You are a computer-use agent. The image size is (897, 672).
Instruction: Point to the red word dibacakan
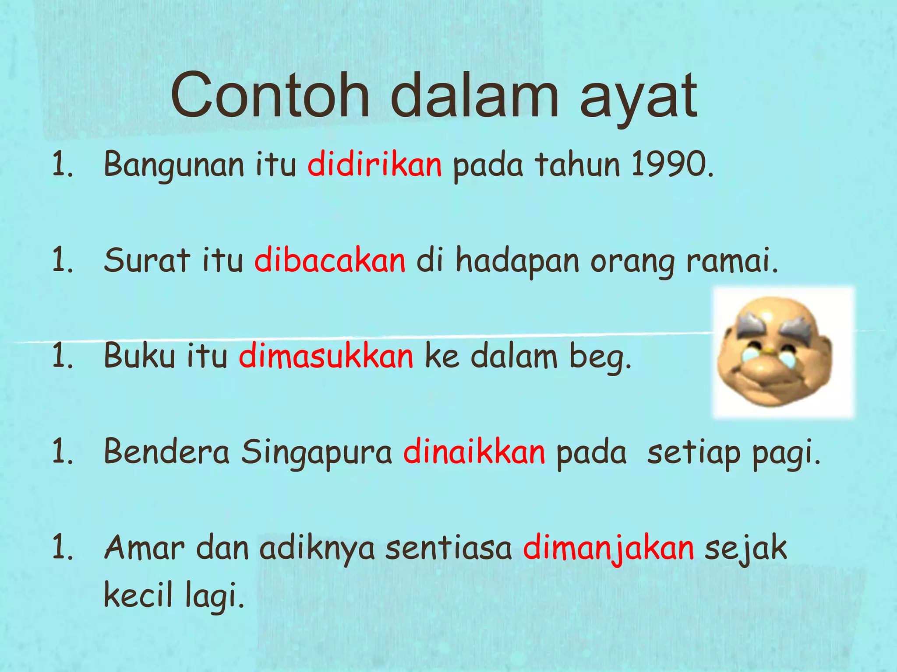coord(330,261)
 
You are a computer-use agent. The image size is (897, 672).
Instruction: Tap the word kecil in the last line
coord(138,596)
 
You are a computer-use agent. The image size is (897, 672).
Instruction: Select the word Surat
coord(147,261)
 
